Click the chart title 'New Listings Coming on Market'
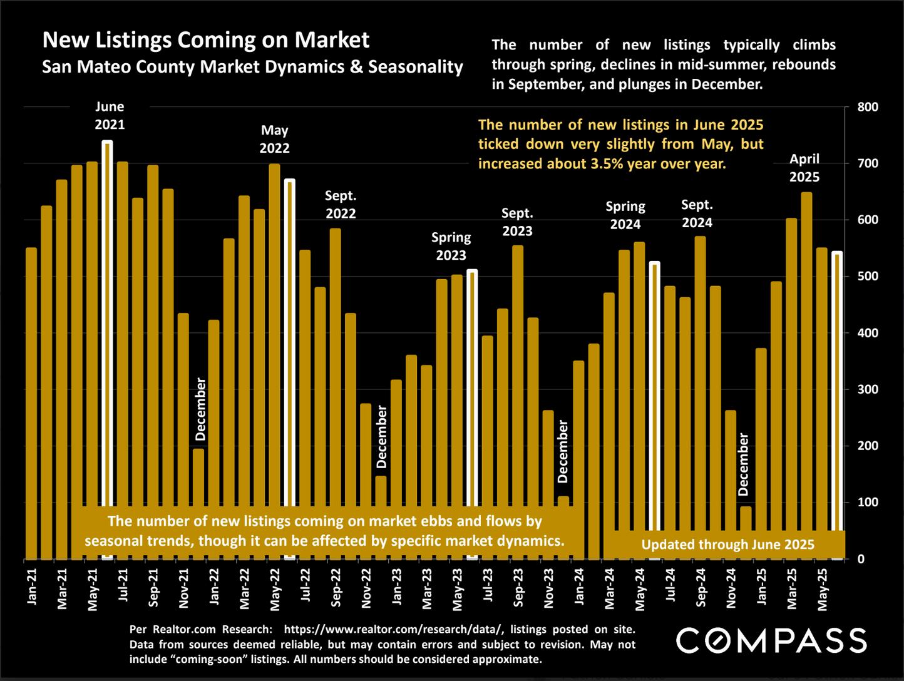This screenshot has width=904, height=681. (205, 40)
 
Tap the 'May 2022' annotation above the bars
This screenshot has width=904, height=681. (274, 139)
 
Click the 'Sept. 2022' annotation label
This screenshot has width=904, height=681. (341, 205)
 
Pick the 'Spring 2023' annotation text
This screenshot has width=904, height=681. (451, 246)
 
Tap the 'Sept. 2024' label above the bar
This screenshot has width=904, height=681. (697, 213)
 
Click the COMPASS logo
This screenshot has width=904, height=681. (772, 640)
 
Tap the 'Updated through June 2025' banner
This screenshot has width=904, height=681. (727, 545)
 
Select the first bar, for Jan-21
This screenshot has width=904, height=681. (31, 401)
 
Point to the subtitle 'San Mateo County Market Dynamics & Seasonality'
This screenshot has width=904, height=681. (252, 67)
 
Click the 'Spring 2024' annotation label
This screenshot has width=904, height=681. (625, 215)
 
